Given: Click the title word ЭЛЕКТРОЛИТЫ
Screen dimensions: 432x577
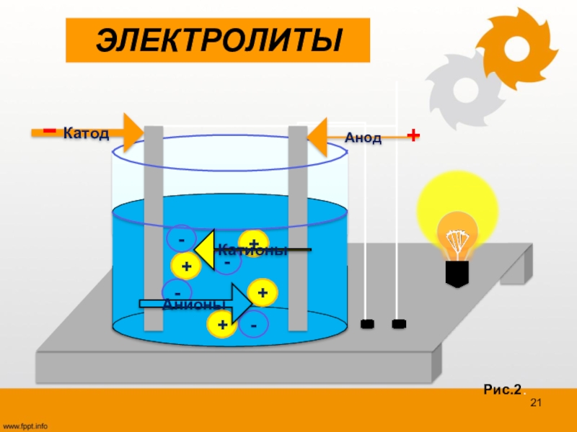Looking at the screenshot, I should tap(218, 41).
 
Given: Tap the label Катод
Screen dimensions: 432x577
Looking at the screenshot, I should tap(86, 133).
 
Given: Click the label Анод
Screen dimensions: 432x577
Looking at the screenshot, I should tap(363, 138).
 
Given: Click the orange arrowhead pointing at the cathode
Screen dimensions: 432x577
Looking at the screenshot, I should tap(131, 132).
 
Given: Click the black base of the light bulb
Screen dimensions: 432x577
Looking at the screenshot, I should tap(457, 274).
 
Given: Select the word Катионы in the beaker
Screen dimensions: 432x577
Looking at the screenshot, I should tap(252, 251).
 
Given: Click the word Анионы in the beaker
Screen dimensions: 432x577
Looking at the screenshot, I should tap(189, 305).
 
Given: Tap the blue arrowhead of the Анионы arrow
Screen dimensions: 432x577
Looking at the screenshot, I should tap(241, 303).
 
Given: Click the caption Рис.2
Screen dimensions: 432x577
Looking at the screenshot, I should tap(502, 390).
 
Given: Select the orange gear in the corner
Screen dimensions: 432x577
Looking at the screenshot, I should tap(516, 48).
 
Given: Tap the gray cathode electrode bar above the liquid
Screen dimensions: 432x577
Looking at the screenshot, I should tap(154, 166).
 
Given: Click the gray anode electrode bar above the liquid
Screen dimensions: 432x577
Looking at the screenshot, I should tap(298, 166).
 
